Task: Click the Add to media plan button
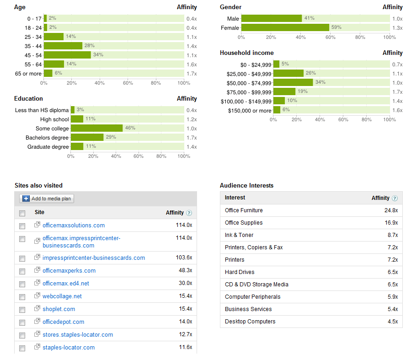pos(47,199)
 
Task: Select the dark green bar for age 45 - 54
pos(67,55)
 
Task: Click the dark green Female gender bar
pos(285,27)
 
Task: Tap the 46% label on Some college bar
pos(130,128)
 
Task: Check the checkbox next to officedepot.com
pos(22,322)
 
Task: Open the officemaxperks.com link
pos(69,270)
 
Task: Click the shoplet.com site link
pos(59,309)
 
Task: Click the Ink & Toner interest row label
pos(239,235)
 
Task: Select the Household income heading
pos(247,53)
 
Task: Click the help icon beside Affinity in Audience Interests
pos(395,198)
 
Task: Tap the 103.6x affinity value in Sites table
pos(184,258)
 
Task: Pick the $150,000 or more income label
pos(250,110)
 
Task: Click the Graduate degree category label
pos(48,147)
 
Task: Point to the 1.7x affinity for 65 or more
pos(191,73)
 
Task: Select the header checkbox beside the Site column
pos(22,213)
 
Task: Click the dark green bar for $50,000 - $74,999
pos(293,82)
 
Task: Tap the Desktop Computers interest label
pos(250,322)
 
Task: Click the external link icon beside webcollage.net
pos(37,296)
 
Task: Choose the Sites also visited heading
pos(38,185)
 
